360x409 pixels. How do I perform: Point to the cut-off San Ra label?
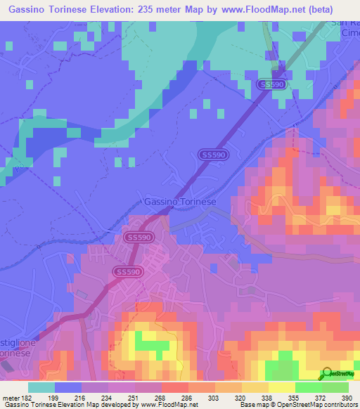click(x=345, y=26)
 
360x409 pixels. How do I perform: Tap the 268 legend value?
click(x=159, y=396)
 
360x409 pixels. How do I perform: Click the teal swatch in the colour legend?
click(x=41, y=387)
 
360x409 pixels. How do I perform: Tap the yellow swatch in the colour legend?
click(x=282, y=387)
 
